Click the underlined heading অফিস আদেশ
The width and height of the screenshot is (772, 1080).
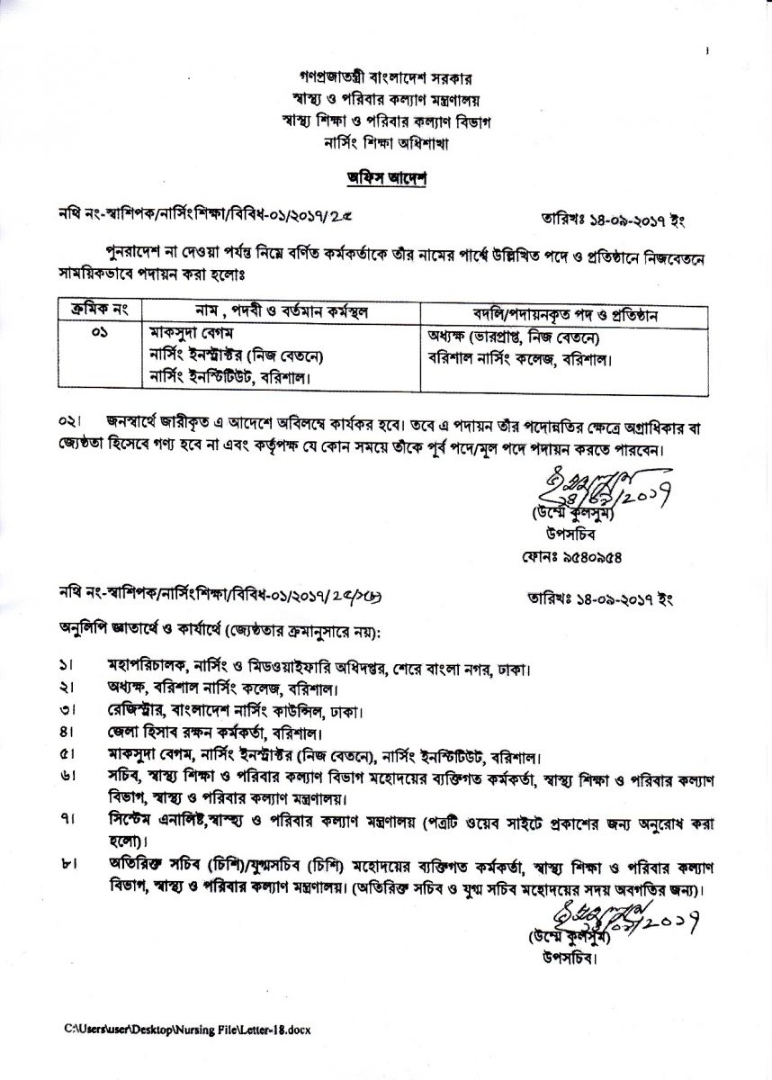386,177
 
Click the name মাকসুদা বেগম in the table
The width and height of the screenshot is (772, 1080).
190,334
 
